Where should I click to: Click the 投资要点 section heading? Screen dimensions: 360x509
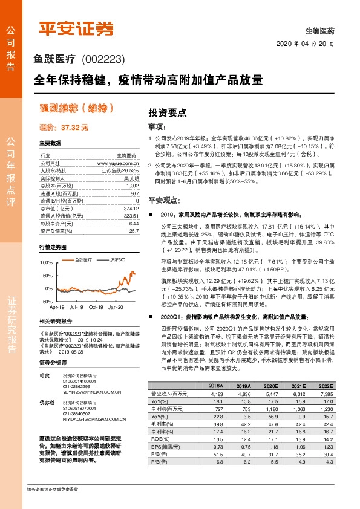pos(167,112)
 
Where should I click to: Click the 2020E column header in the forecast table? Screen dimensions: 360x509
pos(271,386)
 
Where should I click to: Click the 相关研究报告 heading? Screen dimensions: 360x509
pos(55,321)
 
